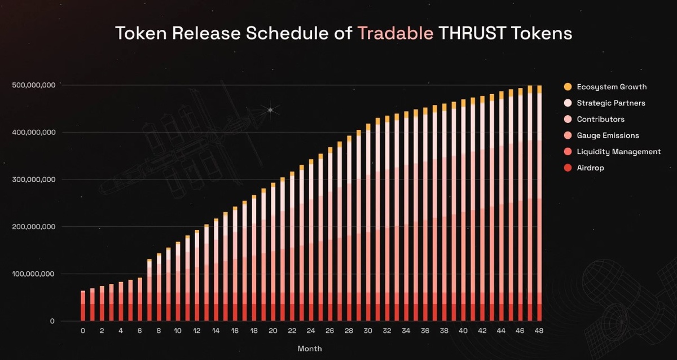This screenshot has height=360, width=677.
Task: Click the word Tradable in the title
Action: click(395, 33)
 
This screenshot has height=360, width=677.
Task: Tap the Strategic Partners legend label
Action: click(611, 103)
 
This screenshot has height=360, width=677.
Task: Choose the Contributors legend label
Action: click(600, 120)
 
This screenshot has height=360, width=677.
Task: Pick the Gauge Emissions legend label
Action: click(608, 135)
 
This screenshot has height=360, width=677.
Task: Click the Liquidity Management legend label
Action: click(618, 152)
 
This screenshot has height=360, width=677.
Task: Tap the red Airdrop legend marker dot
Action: click(568, 168)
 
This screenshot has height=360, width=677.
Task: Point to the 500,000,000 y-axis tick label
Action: click(33, 85)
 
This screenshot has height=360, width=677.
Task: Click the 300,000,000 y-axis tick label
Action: click(33, 179)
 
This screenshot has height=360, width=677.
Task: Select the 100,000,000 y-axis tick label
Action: click(33, 274)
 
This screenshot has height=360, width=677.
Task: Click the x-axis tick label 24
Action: click(311, 331)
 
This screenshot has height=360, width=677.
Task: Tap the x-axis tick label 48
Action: click(539, 331)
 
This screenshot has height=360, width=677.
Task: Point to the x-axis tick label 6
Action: click(140, 331)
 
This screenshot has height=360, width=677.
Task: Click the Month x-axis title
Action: click(310, 349)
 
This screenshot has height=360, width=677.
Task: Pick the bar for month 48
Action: click(539, 203)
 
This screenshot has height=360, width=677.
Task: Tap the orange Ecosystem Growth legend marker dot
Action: click(568, 87)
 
